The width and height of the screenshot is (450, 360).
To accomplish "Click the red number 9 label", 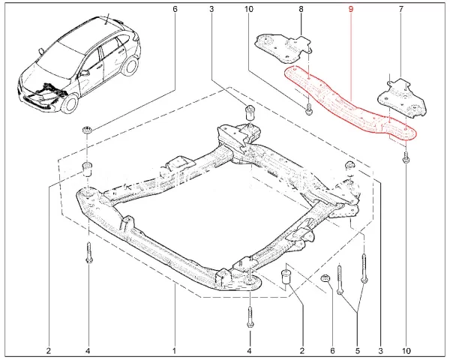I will point(349,9).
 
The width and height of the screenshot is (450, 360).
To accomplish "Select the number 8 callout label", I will point(301,9).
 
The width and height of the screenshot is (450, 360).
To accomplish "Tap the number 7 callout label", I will point(400,9).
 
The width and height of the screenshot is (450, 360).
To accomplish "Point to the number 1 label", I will point(174,351).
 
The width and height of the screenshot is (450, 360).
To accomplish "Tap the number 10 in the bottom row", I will point(406,351).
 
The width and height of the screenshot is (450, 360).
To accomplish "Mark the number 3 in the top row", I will point(212,9).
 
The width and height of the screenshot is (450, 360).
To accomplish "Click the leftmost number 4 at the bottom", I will point(88,351).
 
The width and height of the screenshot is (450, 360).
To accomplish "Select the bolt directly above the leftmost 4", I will point(88,253).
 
